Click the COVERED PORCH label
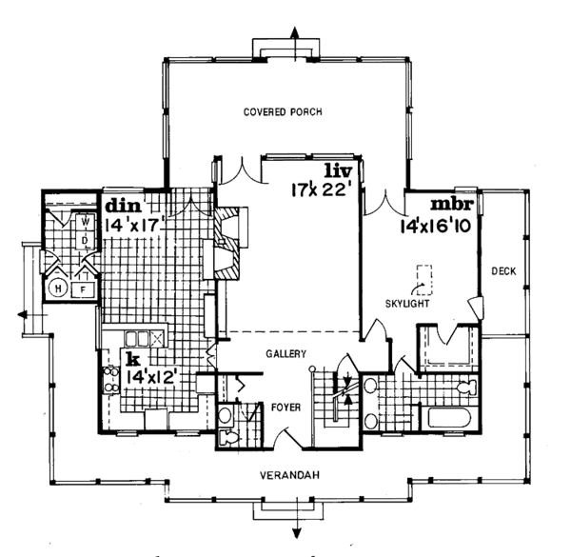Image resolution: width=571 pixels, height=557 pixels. [283, 111]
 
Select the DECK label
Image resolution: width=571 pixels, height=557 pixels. [503, 272]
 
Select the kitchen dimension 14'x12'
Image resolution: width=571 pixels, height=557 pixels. [151, 377]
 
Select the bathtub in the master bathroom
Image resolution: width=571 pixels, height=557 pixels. [450, 417]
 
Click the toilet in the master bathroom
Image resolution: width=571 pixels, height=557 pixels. [465, 388]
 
